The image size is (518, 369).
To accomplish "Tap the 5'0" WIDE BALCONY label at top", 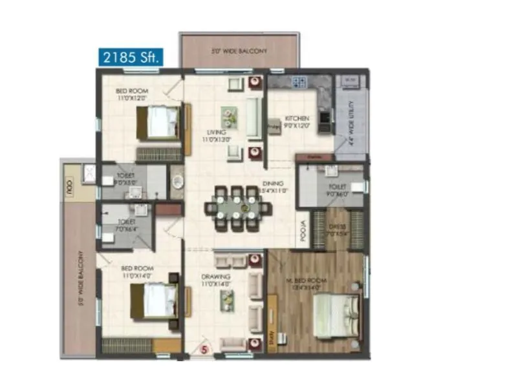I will point(239,50).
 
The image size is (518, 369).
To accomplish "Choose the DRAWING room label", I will point(215,280).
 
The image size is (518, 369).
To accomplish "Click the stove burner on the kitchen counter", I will point(299,82).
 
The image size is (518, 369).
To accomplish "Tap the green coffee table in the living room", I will point(229,116).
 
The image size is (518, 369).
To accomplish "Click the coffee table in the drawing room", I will point(226,298).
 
